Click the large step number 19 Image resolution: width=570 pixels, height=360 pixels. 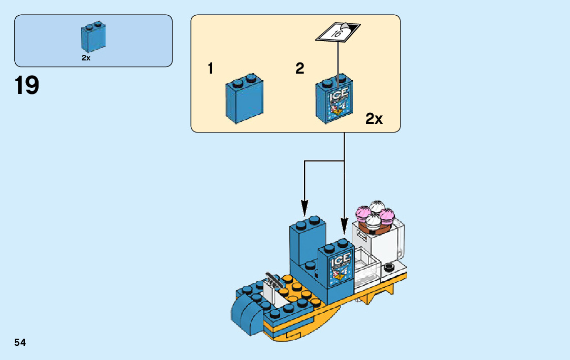pyautogui.click(x=27, y=86)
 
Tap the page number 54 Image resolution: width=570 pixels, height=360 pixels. pyautogui.click(x=20, y=343)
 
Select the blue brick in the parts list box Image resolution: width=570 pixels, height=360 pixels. pyautogui.click(x=92, y=38)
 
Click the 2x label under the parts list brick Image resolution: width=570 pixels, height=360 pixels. pyautogui.click(x=86, y=58)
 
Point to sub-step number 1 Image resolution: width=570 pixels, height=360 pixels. pyautogui.click(x=211, y=69)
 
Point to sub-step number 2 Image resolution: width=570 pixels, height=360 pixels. pyautogui.click(x=300, y=69)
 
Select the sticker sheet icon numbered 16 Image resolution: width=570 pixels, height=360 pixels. pyautogui.click(x=338, y=32)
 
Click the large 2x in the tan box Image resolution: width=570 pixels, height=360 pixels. pyautogui.click(x=374, y=119)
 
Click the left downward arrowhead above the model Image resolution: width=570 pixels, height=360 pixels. pyautogui.click(x=305, y=208)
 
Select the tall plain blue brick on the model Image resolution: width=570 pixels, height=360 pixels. pyautogui.click(x=307, y=241)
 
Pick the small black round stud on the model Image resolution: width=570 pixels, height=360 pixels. pyautogui.click(x=389, y=267)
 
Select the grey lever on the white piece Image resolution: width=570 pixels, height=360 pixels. pyautogui.click(x=275, y=281)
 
